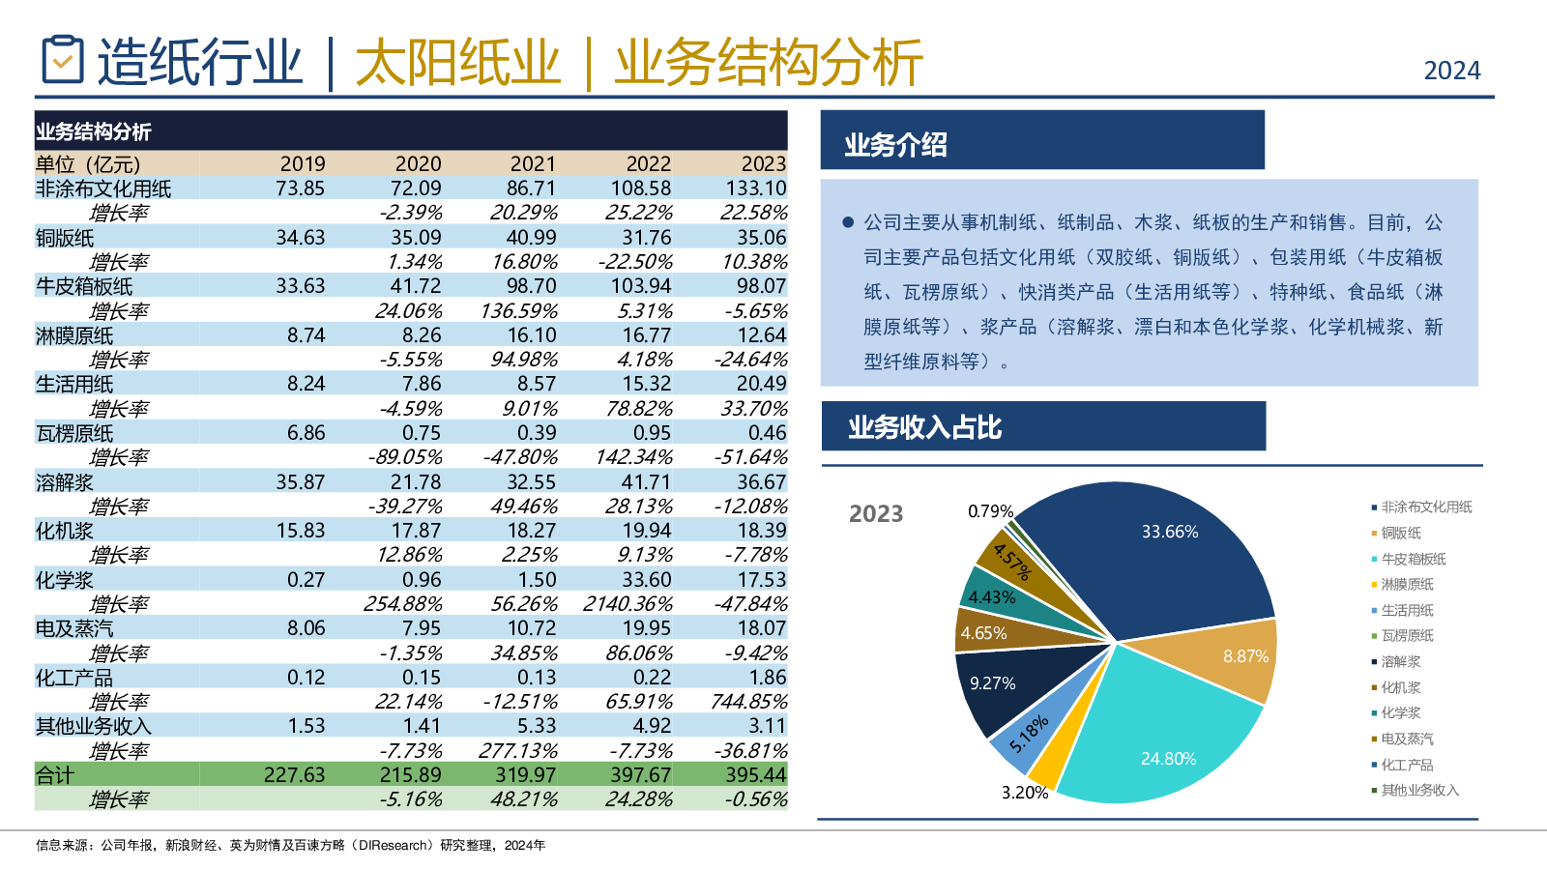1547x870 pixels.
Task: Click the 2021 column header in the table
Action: click(533, 164)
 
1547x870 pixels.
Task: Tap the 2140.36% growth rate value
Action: click(628, 604)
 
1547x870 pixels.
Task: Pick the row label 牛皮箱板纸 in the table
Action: click(84, 286)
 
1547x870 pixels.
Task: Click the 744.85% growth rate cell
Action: click(748, 702)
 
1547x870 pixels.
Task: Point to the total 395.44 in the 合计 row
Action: click(756, 775)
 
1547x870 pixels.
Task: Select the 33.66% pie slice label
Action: click(1169, 532)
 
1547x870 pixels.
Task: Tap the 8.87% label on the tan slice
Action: click(1245, 656)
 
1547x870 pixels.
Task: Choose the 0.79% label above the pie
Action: click(990, 511)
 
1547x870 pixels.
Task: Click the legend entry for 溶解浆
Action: click(1400, 662)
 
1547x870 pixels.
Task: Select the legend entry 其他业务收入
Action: click(1418, 791)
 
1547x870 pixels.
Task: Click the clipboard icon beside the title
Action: click(63, 60)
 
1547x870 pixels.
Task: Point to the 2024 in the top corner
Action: click(1452, 71)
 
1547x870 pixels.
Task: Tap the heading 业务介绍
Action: click(895, 145)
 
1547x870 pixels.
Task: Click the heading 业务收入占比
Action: click(924, 427)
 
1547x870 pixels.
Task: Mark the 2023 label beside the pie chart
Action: click(876, 513)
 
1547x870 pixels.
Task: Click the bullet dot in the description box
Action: click(848, 222)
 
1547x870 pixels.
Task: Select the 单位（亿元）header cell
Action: click(88, 164)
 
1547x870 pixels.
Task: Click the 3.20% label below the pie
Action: click(1024, 793)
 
